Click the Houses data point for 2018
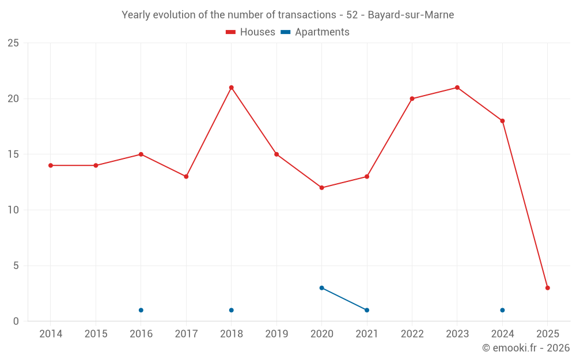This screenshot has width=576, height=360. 231,88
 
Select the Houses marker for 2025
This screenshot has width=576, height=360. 547,288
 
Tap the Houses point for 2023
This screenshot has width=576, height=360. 457,88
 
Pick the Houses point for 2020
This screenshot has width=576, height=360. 321,188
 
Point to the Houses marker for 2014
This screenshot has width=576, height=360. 51,165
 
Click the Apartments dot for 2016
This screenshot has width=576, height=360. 141,310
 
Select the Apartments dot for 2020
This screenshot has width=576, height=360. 321,288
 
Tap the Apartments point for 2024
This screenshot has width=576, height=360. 502,310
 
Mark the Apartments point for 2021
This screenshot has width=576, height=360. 367,310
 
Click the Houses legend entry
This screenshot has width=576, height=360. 251,32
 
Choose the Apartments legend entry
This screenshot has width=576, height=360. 316,32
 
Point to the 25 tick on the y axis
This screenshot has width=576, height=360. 13,43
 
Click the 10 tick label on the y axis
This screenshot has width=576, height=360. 13,210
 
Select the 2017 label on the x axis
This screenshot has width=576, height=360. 186,334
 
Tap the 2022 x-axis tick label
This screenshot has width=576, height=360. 412,334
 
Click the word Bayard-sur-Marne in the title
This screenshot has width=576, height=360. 411,15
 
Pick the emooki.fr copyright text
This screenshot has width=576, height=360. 526,348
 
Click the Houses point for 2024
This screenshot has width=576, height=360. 502,121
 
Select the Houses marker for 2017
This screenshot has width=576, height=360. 186,177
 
